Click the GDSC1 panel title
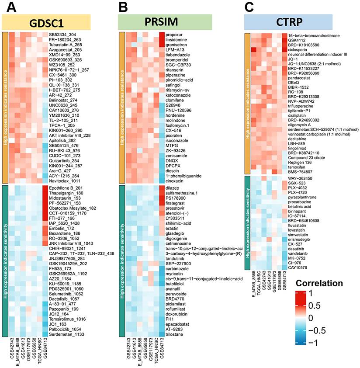click(x=46, y=22)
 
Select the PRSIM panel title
click(x=166, y=22)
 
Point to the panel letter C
click(x=249, y=7)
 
